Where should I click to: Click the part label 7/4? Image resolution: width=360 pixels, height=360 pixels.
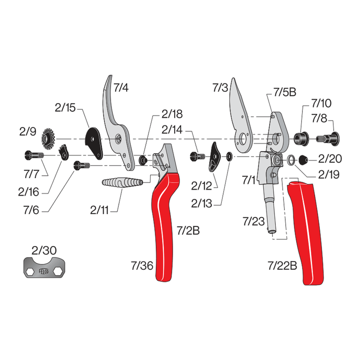tap(121, 88)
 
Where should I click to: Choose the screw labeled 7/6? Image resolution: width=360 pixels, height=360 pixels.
tap(81, 166)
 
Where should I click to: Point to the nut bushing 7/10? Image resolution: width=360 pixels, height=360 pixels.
tap(301, 137)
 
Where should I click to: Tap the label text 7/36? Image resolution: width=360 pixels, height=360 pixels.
tap(143, 266)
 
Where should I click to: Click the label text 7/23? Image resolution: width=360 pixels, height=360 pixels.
tap(253, 221)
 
